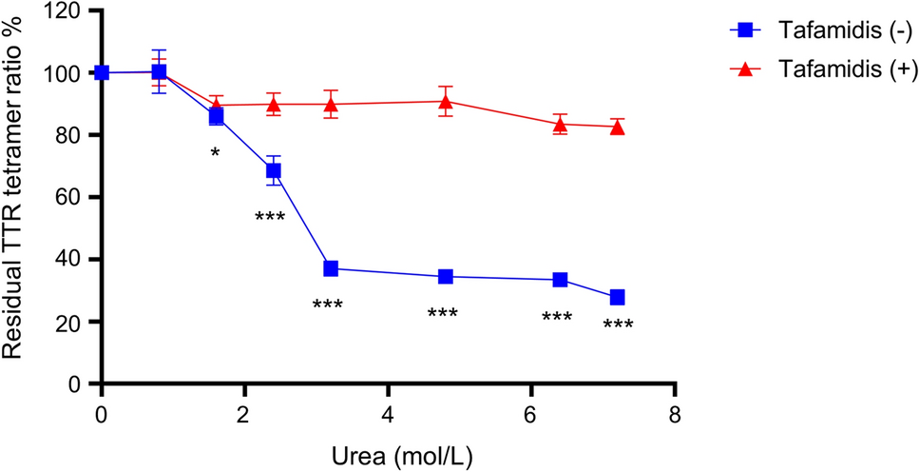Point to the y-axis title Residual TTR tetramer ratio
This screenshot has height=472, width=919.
[x=13, y=190]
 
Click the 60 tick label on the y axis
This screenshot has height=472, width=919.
[x=70, y=197]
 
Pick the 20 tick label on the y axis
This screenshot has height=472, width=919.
[x=70, y=322]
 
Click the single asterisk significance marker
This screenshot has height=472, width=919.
[x=216, y=153]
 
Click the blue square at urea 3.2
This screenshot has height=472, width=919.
[x=331, y=268]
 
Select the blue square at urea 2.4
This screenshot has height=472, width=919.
[x=274, y=171]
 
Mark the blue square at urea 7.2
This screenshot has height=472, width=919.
[x=618, y=297]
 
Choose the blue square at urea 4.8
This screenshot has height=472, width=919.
[x=446, y=277]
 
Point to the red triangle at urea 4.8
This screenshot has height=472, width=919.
[x=446, y=101]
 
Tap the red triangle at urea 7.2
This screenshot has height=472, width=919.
[x=618, y=126]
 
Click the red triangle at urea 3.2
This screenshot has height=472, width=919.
[x=331, y=104]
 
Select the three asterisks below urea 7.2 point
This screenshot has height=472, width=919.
[x=618, y=325]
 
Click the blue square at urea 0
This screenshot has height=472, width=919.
[x=102, y=72]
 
